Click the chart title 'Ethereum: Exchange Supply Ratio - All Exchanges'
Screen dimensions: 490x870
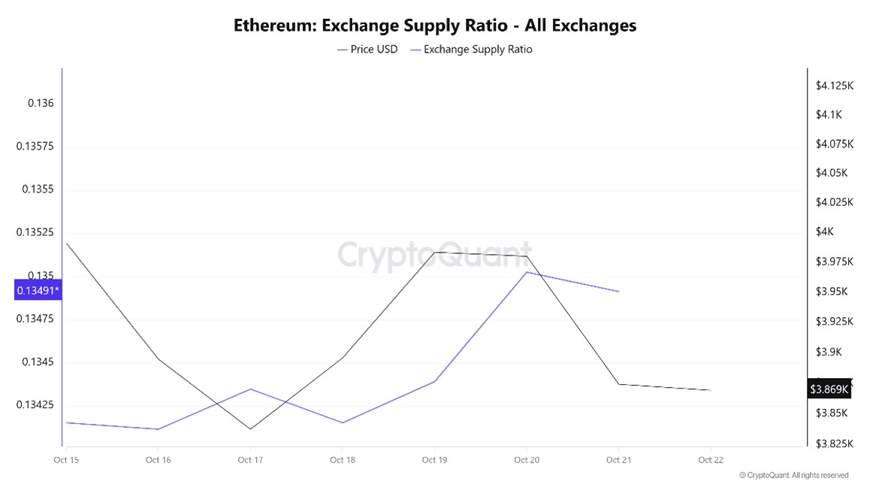[434, 25]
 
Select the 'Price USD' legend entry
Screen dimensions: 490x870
[368, 50]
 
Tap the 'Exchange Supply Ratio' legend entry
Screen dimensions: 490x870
[471, 50]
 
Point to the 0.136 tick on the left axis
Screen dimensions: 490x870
[41, 103]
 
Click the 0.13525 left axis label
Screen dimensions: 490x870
[35, 232]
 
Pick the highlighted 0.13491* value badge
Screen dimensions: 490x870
[38, 290]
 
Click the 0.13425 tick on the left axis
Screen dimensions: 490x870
[35, 405]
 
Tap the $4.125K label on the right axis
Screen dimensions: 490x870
[835, 86]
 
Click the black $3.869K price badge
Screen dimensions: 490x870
[829, 389]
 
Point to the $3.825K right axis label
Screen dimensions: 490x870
[835, 443]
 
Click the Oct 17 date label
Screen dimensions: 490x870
[249, 459]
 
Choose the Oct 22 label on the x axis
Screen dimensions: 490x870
[710, 459]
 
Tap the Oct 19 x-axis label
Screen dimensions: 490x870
[434, 459]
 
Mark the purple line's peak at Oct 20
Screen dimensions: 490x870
[527, 272]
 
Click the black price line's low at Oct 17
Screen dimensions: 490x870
[249, 429]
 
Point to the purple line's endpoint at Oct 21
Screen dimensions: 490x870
[619, 292]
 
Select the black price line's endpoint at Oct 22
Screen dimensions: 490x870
[711, 390]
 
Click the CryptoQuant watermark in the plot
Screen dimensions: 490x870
[434, 255]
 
